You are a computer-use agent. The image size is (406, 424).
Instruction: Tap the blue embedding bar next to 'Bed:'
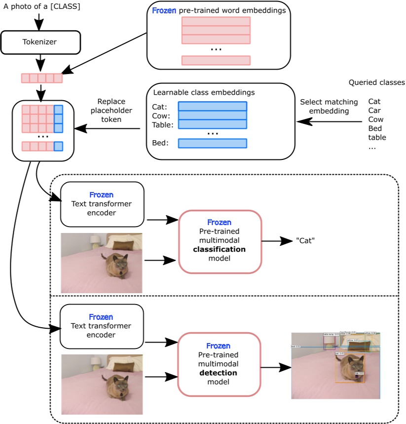(x=212, y=143)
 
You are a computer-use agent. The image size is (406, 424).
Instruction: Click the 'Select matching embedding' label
(x=324, y=107)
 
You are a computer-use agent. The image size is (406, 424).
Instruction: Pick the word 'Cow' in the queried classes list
(x=375, y=119)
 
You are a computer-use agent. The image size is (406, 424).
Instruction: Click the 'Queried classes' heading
(x=376, y=82)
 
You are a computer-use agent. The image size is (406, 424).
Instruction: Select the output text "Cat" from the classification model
(x=305, y=241)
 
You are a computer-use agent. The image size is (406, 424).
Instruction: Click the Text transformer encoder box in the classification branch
(x=102, y=204)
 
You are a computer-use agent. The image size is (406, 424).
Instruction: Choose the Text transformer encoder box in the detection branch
(x=101, y=326)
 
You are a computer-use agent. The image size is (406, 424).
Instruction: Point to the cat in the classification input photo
(x=115, y=264)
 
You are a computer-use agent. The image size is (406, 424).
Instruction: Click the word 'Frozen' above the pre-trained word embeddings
(x=163, y=10)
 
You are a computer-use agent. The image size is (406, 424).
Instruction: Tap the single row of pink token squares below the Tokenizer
(x=41, y=78)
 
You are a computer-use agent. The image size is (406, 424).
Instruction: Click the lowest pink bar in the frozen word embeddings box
(x=216, y=60)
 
